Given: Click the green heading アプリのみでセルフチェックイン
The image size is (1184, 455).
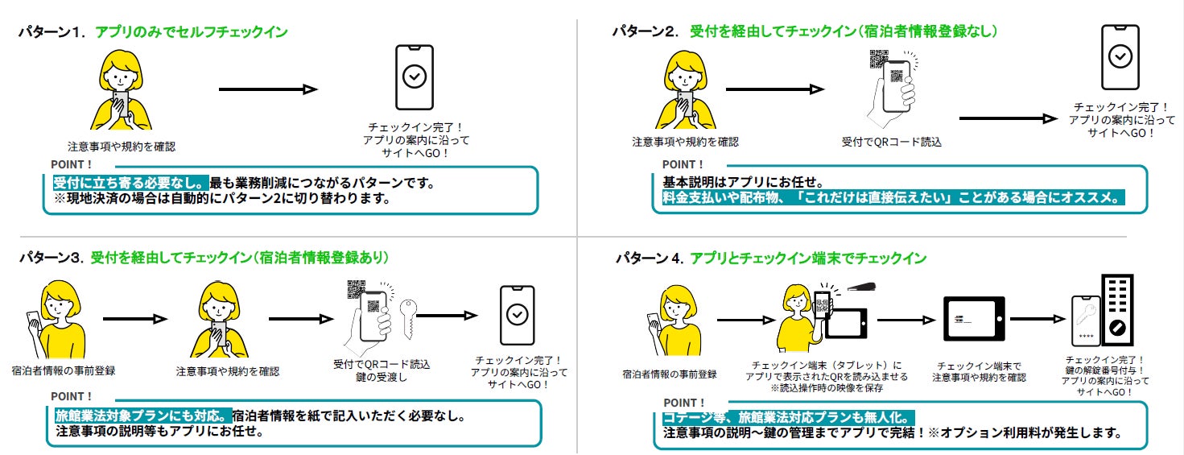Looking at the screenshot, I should (192, 33).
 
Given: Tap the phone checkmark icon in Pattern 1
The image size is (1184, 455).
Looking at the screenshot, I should (415, 77).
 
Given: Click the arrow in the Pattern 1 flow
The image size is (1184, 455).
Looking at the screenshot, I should (268, 90).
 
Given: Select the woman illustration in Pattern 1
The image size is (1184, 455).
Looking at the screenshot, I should (121, 89).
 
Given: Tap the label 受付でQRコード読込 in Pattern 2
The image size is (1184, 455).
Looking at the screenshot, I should (891, 142).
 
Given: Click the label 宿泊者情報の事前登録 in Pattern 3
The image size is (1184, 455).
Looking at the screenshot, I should (64, 370).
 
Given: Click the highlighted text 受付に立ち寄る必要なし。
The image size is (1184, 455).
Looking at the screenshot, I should (131, 183).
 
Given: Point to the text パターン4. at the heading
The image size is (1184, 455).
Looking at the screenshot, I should (649, 259).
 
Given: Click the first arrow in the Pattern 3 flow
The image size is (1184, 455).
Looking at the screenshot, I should (134, 320).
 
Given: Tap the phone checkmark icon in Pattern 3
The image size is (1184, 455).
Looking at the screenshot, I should (517, 315).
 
